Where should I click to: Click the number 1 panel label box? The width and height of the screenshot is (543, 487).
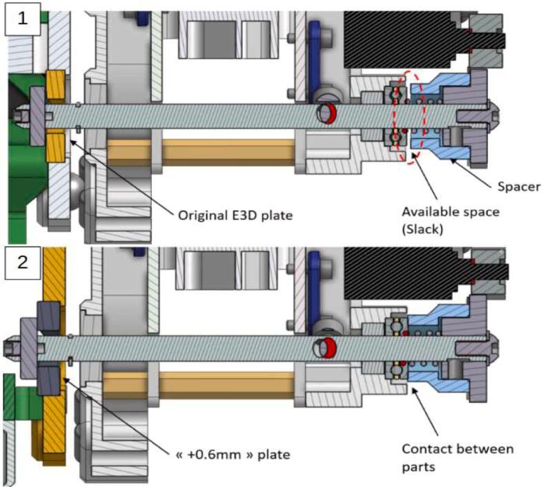point(23,19)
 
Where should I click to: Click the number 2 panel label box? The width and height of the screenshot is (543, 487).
point(23,262)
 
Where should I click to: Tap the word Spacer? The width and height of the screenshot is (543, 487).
point(519,187)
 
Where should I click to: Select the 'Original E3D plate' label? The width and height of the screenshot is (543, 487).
point(235,216)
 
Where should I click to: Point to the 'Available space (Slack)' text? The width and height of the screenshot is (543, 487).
point(451,220)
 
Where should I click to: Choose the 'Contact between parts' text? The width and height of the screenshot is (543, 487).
point(458,457)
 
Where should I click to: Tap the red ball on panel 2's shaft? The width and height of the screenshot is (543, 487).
point(328,347)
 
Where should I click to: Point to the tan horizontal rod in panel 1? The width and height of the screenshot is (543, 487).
point(201,152)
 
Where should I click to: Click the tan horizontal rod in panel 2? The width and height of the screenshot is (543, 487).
point(199,385)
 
